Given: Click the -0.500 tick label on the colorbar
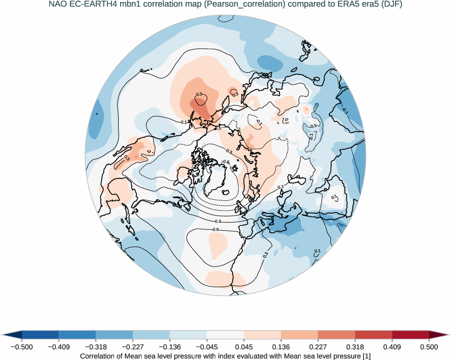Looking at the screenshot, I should pos(21,347).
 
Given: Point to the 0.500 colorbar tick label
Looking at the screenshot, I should pos(429,347).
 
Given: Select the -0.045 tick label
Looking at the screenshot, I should pos(207,347).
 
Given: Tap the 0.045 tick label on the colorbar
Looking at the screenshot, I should pos(244,347).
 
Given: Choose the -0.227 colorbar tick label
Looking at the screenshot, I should pos(133,347).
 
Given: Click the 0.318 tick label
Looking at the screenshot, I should pos(355,347).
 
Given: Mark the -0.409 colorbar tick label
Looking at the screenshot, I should pos(59,347).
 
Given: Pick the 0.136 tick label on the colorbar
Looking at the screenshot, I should pos(281,347).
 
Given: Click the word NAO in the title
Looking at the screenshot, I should pos(58,5).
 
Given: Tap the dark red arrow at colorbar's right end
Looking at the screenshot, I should pos(440,335).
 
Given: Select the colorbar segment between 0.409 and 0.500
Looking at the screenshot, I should pos(410,335).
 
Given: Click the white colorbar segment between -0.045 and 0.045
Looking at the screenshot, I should pos(225,335).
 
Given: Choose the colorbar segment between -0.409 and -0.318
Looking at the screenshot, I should pos(77,335).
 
